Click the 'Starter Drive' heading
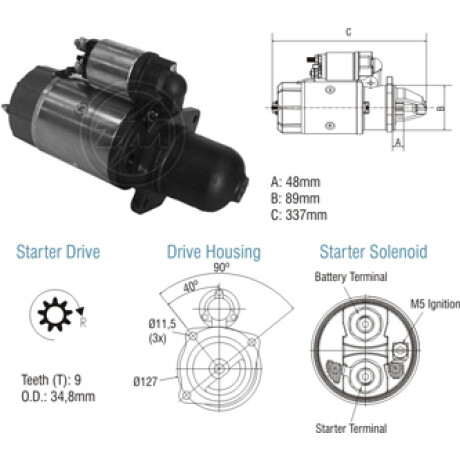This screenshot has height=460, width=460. [58, 252]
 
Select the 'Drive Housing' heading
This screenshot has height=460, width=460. [214, 252]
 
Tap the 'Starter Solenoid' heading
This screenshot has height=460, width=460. [373, 252]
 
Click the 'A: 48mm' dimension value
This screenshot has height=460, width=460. [295, 182]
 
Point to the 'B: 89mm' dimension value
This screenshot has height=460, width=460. [295, 198]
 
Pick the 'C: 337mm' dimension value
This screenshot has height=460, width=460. [299, 215]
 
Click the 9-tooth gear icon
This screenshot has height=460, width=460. [55, 314]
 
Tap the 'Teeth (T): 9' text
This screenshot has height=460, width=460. [51, 380]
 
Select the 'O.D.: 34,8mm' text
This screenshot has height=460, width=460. [58, 396]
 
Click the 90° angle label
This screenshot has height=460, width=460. [222, 268]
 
